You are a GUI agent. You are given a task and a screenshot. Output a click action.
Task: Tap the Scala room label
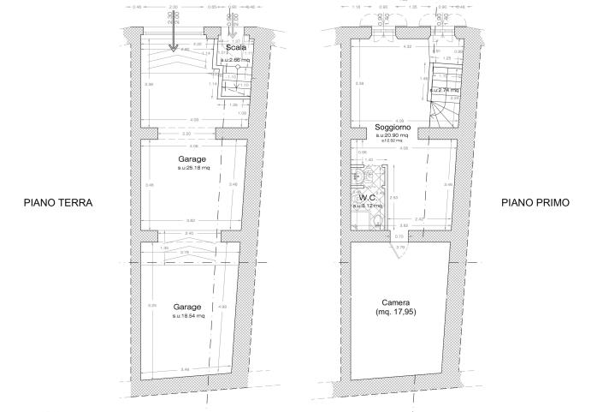coord(237,48)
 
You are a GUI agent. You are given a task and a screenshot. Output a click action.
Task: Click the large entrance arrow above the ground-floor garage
coord(173,35)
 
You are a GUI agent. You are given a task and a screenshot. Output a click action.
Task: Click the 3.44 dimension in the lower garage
coord(185,370)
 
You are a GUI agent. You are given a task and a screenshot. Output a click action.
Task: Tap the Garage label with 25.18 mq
coord(190,160)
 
